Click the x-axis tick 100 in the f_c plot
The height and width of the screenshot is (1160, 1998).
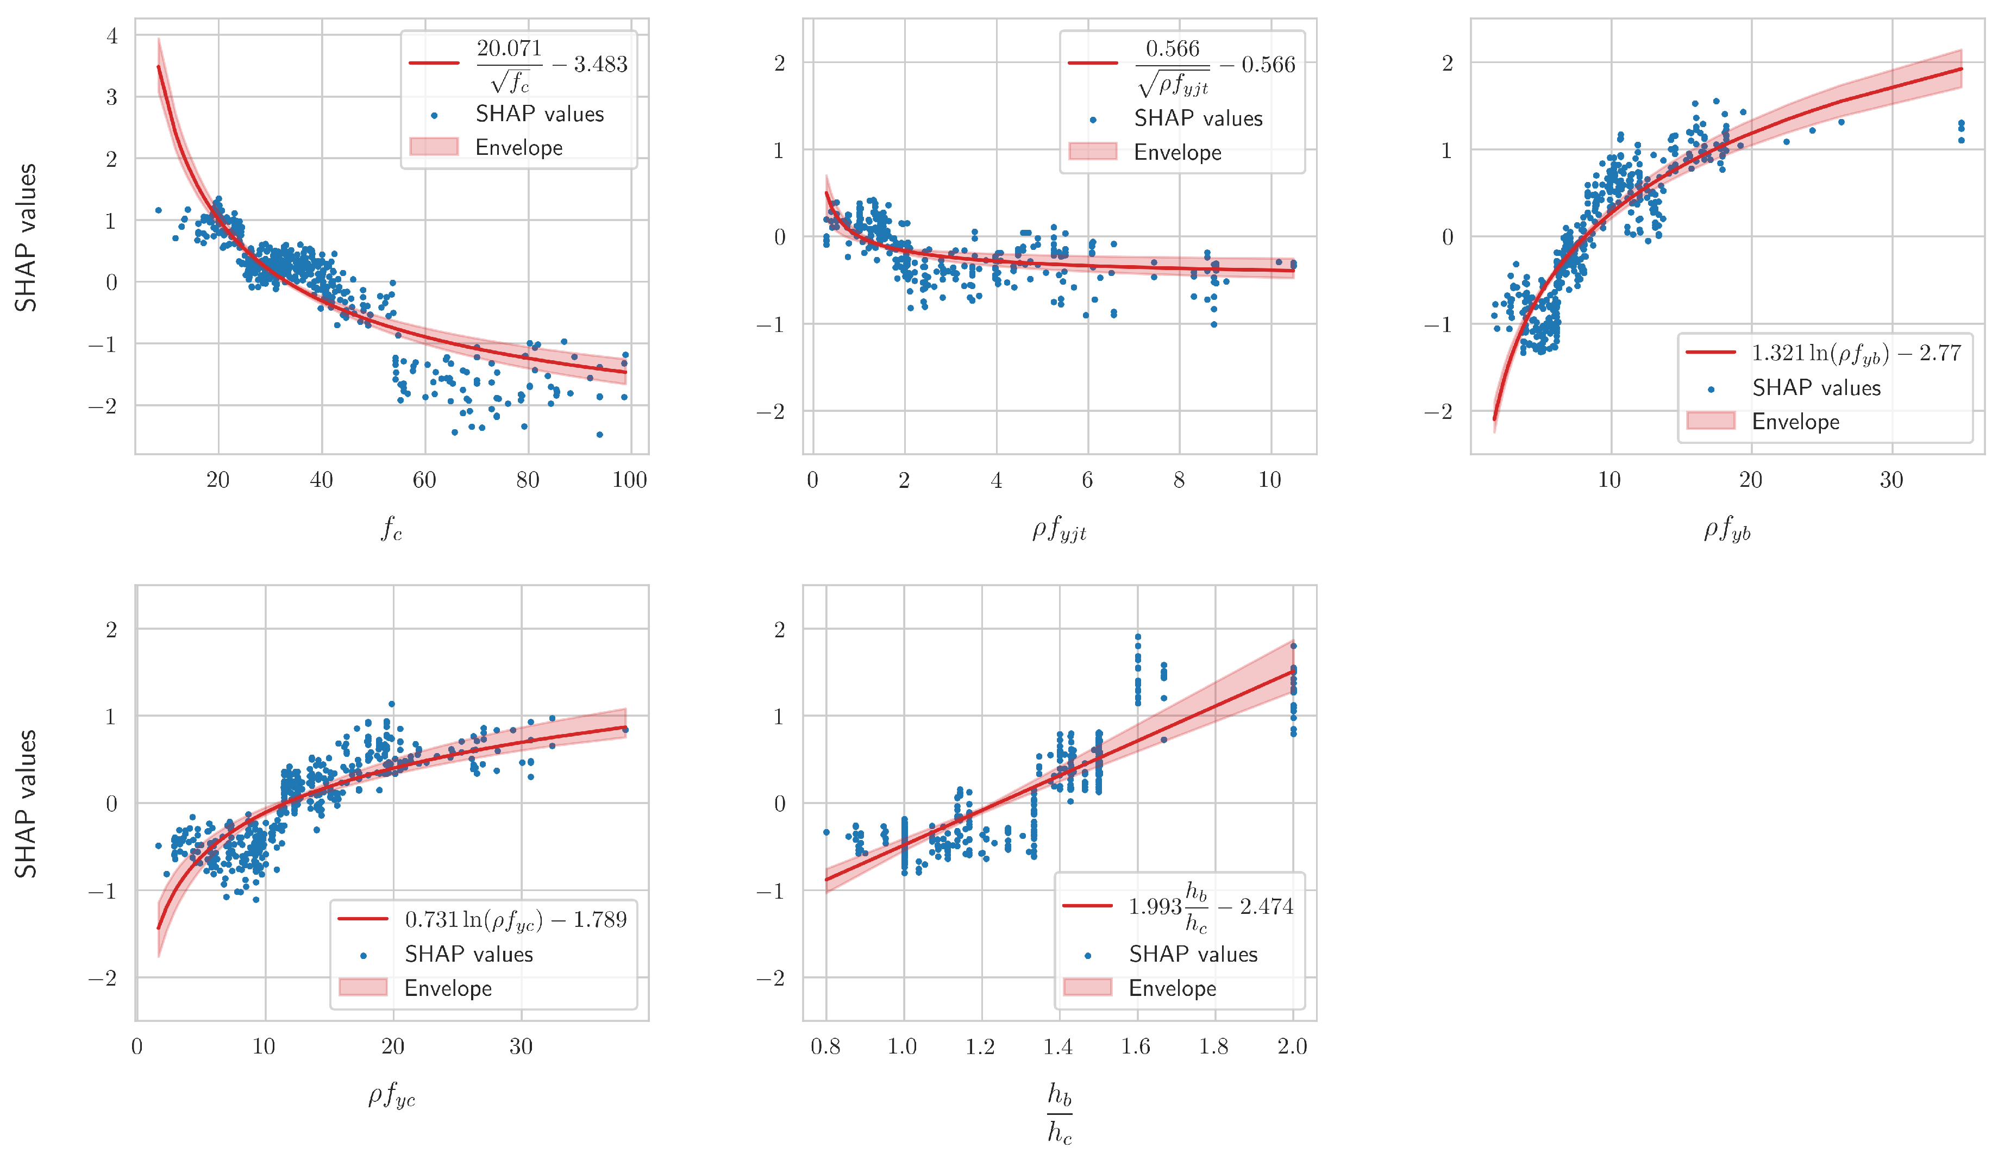(630, 480)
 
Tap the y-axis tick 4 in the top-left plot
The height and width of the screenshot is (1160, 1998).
(112, 36)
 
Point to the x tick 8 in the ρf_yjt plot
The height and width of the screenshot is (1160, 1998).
(1179, 480)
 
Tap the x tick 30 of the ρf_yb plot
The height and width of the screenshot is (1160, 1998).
(1891, 480)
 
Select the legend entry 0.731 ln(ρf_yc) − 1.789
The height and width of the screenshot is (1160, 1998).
(515, 920)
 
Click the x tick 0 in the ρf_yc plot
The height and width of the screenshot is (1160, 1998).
(136, 1046)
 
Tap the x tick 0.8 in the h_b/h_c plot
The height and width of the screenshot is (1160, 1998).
(825, 1046)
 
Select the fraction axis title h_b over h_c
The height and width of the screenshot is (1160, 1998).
(1059, 1114)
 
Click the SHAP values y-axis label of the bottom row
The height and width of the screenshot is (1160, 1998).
(26, 803)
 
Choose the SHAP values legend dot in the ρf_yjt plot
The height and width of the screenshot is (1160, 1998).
(1093, 120)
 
